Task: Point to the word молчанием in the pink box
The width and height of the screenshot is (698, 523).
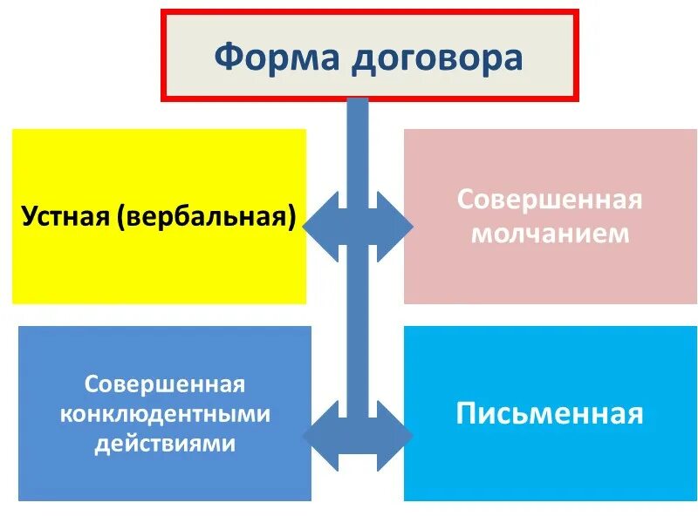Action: [550, 234]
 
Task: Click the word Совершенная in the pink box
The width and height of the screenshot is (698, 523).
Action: [550, 200]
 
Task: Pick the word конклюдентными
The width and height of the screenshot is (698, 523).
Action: [165, 414]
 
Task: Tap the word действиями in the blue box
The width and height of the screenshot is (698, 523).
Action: [165, 443]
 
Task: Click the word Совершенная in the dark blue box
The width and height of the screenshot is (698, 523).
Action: [165, 384]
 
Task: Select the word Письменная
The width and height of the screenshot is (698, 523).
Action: [550, 413]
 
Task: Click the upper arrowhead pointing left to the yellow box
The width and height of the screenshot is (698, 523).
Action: [319, 227]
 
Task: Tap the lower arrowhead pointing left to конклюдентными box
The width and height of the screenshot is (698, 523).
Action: [319, 434]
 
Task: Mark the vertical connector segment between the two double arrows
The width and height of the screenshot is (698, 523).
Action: [358, 331]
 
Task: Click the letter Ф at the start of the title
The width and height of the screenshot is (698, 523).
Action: [226, 58]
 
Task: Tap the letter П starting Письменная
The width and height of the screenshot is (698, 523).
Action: [466, 413]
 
